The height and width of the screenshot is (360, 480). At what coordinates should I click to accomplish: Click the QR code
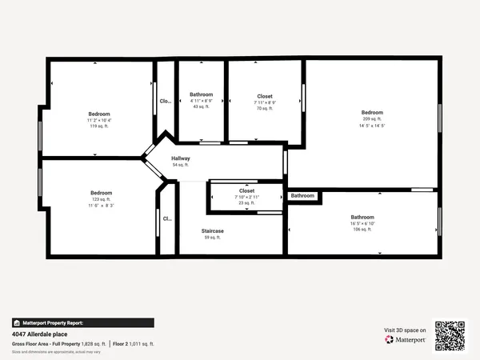coord(450,336)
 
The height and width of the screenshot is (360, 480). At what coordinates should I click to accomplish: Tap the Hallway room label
coord(180,158)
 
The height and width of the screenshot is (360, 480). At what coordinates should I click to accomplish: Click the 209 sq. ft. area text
coord(372,119)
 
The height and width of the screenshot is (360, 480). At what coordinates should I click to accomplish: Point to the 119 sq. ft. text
coord(99,126)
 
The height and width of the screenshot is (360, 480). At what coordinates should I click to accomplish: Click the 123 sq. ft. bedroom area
coord(101,199)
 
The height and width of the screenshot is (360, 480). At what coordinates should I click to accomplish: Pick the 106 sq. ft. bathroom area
coord(362,230)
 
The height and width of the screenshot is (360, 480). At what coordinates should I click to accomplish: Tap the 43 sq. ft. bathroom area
coord(201,106)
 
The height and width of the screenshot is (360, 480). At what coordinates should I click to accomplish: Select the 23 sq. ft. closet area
coord(246,203)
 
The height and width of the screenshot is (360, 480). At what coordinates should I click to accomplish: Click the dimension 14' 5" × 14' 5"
coord(372,126)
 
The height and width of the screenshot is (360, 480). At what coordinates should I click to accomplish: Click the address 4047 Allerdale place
coord(39,334)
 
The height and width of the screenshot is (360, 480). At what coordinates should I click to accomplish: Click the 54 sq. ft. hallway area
coord(180,165)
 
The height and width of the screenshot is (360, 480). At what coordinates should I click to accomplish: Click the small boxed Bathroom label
coord(302,196)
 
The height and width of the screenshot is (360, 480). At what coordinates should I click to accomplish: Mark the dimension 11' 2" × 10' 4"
coord(99,120)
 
